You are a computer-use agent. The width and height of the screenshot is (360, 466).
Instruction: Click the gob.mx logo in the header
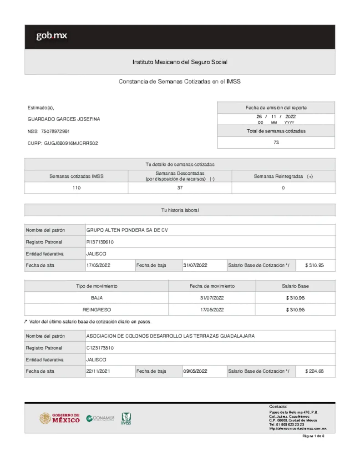[x=51, y=36]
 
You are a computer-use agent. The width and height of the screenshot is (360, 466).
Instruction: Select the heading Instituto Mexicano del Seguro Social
[x=179, y=62]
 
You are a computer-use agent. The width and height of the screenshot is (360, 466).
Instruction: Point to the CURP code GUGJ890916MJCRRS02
[x=71, y=143]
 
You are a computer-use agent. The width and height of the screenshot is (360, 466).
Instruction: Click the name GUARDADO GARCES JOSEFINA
[x=64, y=119]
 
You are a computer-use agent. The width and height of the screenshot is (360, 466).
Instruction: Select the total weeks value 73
[x=276, y=142]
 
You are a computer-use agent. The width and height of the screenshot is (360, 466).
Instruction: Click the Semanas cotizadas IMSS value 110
[x=76, y=188]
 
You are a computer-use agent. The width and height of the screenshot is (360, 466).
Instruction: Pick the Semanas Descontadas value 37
[x=179, y=188]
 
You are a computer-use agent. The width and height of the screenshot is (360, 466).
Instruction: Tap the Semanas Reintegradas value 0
[x=283, y=188]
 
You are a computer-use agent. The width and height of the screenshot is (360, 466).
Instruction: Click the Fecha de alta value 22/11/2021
[x=98, y=371]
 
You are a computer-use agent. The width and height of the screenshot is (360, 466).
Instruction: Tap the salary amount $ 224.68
[x=314, y=371]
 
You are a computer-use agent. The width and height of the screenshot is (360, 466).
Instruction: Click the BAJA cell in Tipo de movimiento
[x=96, y=298]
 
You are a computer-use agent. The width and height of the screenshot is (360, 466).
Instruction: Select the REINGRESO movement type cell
[x=96, y=309]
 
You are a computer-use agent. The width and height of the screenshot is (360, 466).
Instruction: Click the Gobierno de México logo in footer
[x=60, y=418]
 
